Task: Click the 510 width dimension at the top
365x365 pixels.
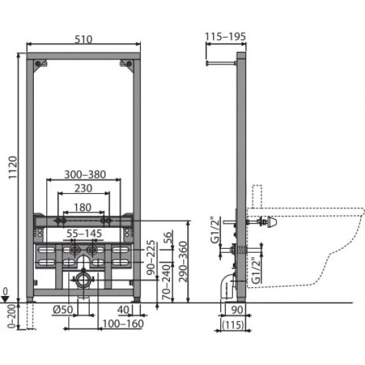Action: (x=84, y=39)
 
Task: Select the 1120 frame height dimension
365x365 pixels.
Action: (x=13, y=167)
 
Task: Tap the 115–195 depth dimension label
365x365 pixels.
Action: (x=226, y=36)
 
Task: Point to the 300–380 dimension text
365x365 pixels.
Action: (x=85, y=175)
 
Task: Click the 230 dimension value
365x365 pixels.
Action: (x=84, y=188)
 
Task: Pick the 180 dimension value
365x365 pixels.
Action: (x=82, y=208)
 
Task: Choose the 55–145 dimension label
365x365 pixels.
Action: (x=84, y=233)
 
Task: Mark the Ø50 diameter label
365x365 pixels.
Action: (x=63, y=310)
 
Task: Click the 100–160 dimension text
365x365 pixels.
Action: (x=123, y=324)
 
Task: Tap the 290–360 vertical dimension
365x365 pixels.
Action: (x=183, y=261)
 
